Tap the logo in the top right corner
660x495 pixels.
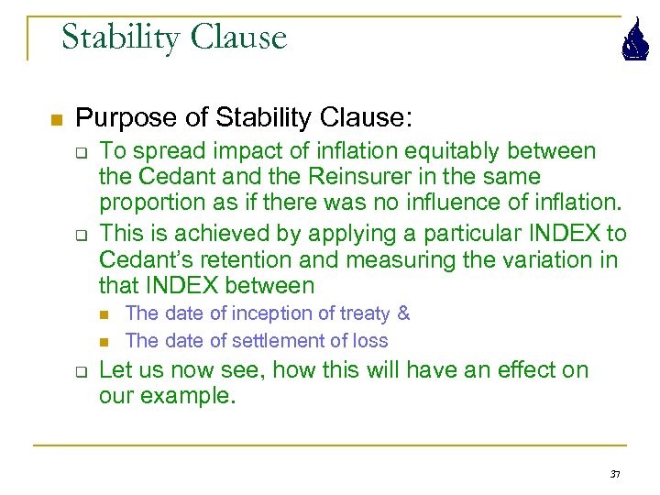click(632, 41)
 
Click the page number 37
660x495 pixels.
click(614, 474)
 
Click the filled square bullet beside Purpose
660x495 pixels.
click(55, 120)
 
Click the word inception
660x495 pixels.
click(269, 313)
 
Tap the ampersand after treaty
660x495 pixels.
click(403, 313)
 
